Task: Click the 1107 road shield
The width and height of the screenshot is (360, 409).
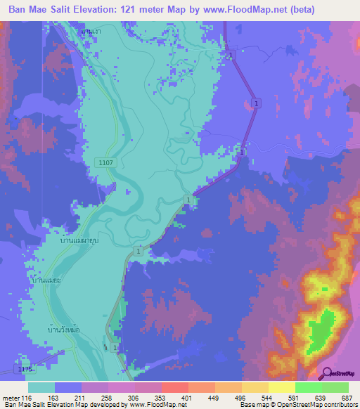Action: click(105, 162)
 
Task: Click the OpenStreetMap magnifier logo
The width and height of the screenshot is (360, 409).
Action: click(327, 373)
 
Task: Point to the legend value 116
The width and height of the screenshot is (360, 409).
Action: click(27, 398)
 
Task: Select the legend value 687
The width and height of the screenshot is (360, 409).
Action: click(346, 398)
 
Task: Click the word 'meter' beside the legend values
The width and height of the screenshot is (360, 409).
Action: click(11, 398)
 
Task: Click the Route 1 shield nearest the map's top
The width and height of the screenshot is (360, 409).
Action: click(230, 54)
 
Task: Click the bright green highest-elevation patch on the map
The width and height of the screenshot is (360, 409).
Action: click(322, 328)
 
